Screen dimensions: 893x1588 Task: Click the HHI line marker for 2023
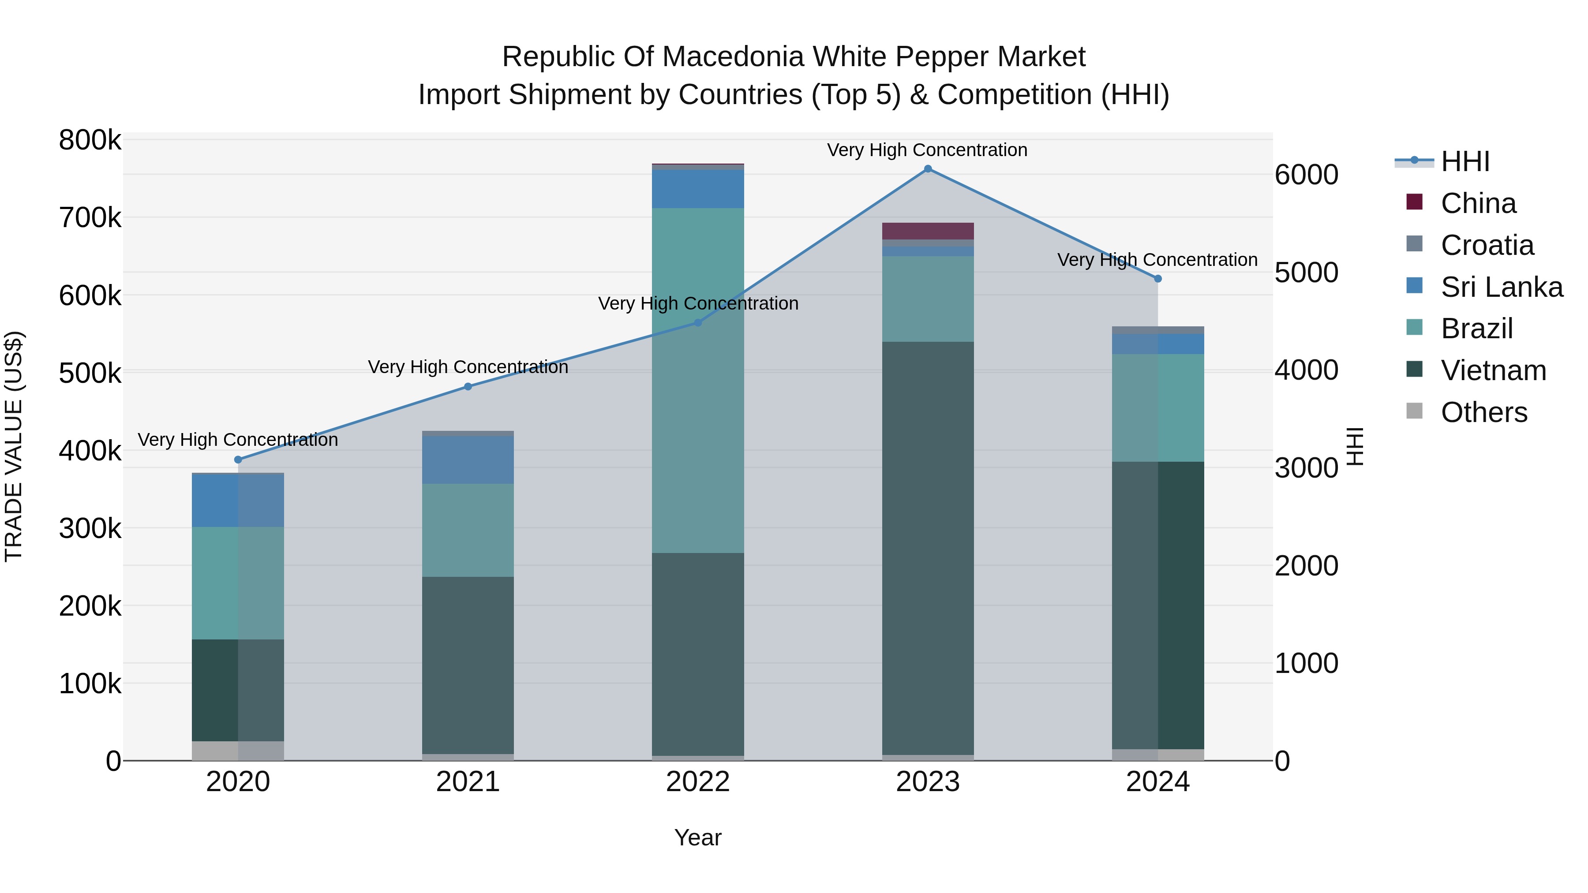coord(928,169)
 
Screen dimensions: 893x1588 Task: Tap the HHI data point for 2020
coord(238,460)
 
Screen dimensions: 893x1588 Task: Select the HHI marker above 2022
coord(698,323)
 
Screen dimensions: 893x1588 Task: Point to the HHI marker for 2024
coord(1158,279)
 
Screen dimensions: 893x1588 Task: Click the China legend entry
coord(1478,203)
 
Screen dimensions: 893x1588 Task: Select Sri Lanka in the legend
coord(1501,287)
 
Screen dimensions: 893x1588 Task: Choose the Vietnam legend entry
coord(1493,371)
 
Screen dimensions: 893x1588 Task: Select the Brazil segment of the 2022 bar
coord(698,380)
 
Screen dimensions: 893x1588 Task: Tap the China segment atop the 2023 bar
coord(928,231)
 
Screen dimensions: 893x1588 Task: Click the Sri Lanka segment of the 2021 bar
coord(468,460)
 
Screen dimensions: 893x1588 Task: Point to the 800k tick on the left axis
coord(90,141)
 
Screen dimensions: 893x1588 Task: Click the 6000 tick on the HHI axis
coord(1306,175)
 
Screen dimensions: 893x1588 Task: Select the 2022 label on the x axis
coord(698,782)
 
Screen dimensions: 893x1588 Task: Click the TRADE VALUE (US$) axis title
coord(14,446)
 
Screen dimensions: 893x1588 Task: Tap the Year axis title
coord(698,837)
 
